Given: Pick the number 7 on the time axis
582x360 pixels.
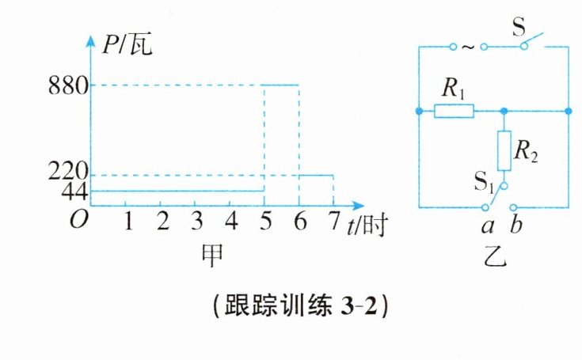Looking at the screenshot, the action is [333, 222].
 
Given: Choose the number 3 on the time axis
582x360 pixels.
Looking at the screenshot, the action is [196, 222].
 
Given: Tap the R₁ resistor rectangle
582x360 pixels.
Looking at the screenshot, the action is [454, 112].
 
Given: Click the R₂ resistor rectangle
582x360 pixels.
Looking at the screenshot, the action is [503, 151].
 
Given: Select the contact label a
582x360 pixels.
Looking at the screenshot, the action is [489, 227].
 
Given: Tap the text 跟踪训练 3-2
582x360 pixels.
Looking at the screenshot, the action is [299, 306].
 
